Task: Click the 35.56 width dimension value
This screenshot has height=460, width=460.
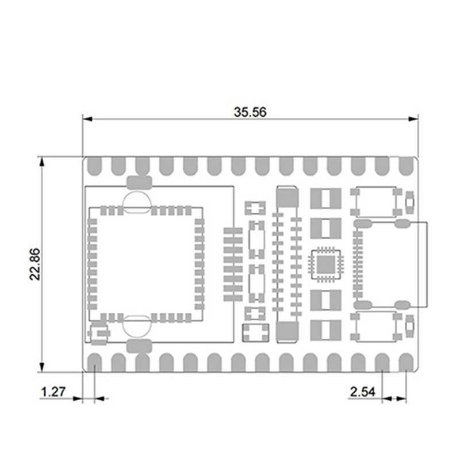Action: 250,112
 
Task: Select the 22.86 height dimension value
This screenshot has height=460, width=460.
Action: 36,264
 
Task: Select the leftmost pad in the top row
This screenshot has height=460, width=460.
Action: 95,166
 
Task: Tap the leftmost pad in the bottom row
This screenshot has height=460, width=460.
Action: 95,362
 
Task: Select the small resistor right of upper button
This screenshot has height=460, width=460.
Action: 409,202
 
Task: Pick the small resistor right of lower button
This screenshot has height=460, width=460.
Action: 409,326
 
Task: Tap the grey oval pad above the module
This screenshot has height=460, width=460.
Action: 138,183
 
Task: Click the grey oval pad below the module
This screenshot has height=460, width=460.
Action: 138,346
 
